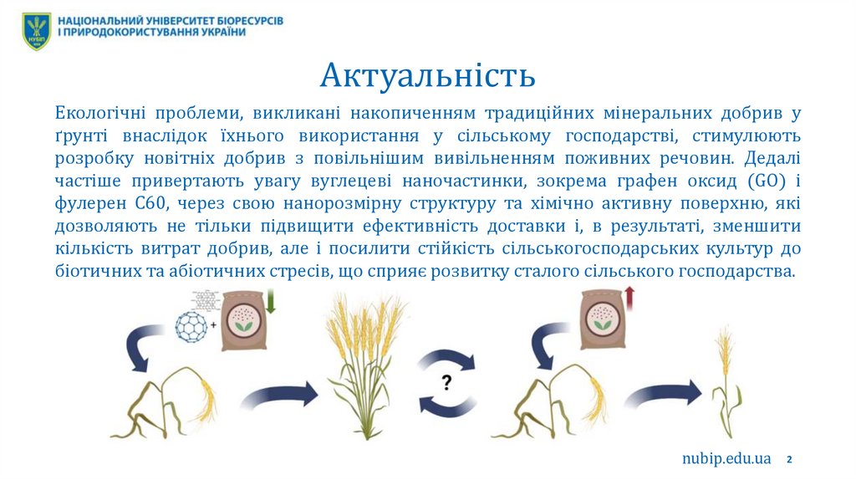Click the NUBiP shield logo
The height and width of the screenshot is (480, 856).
(36, 31)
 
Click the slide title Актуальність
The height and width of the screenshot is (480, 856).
(428, 75)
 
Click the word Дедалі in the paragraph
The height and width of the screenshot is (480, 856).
(772, 157)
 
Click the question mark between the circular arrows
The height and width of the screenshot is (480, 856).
(447, 383)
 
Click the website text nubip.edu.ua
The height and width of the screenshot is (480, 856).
(726, 458)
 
